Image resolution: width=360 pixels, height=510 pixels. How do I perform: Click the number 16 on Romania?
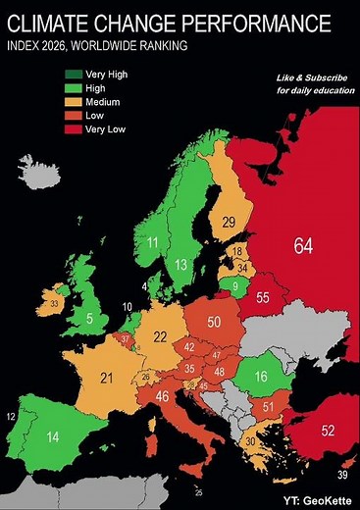click(x=262, y=378)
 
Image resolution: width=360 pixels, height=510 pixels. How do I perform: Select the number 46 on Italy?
click(x=163, y=397)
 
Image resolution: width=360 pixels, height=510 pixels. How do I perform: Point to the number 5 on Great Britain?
click(x=89, y=319)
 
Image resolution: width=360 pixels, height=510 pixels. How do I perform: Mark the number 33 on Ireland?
click(x=54, y=305)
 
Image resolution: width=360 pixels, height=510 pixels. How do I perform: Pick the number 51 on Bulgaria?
click(x=268, y=407)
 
